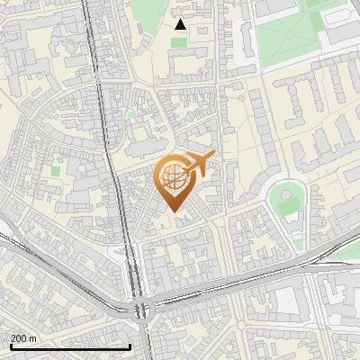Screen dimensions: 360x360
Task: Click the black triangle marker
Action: pos(180,24)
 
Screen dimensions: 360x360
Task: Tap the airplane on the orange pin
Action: pos(198,165)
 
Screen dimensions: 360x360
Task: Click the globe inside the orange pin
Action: pos(175,178)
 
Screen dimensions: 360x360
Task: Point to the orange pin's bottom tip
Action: pos(175,212)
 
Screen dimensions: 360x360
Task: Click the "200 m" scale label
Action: pos(23,337)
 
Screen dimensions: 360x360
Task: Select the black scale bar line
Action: pos(70,346)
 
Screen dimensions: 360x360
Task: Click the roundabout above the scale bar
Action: pos(142,310)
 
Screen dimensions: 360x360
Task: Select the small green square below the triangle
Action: pos(180,42)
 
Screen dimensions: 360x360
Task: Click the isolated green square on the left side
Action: pos(56,169)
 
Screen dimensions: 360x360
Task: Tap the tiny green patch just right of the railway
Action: pos(130,114)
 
